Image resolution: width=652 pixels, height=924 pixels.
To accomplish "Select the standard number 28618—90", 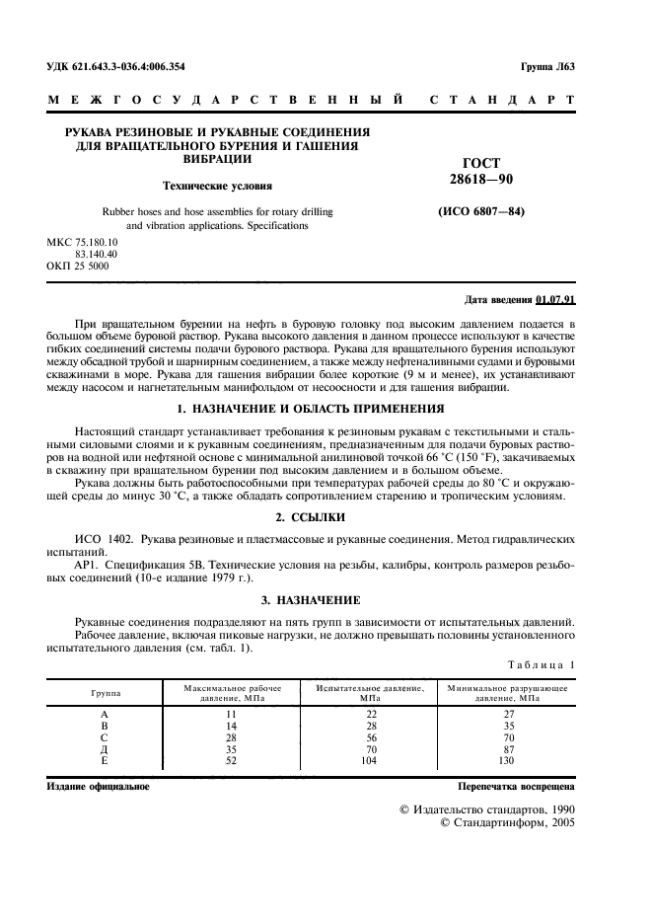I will pos(481,179).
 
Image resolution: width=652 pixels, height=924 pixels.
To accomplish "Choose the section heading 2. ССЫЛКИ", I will pos(325,517).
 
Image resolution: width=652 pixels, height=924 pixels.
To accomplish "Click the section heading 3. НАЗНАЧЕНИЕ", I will pos(325,599).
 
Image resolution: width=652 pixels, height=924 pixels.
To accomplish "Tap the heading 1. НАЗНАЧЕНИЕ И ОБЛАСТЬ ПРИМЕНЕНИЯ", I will pos(325,408).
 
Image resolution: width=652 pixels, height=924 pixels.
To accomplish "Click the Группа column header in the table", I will pos(105,693).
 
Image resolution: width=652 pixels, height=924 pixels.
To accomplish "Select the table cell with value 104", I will pos(371,761).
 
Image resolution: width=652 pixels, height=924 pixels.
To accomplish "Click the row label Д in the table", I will pos(105,749).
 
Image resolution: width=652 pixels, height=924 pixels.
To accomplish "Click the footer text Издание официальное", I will pos(99,786).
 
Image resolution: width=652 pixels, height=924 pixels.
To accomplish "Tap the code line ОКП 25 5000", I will pos(78,266).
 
